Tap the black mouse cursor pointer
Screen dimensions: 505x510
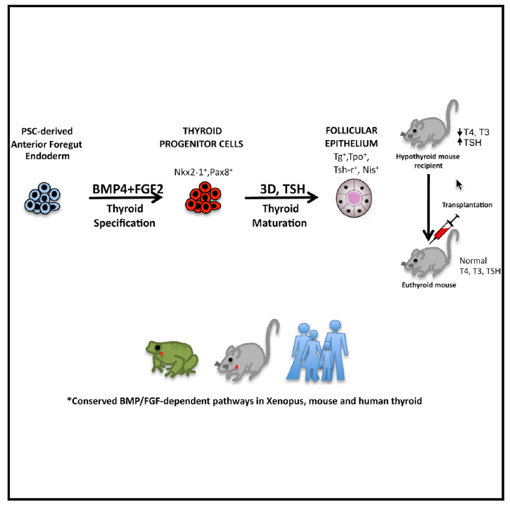[x=460, y=185]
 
